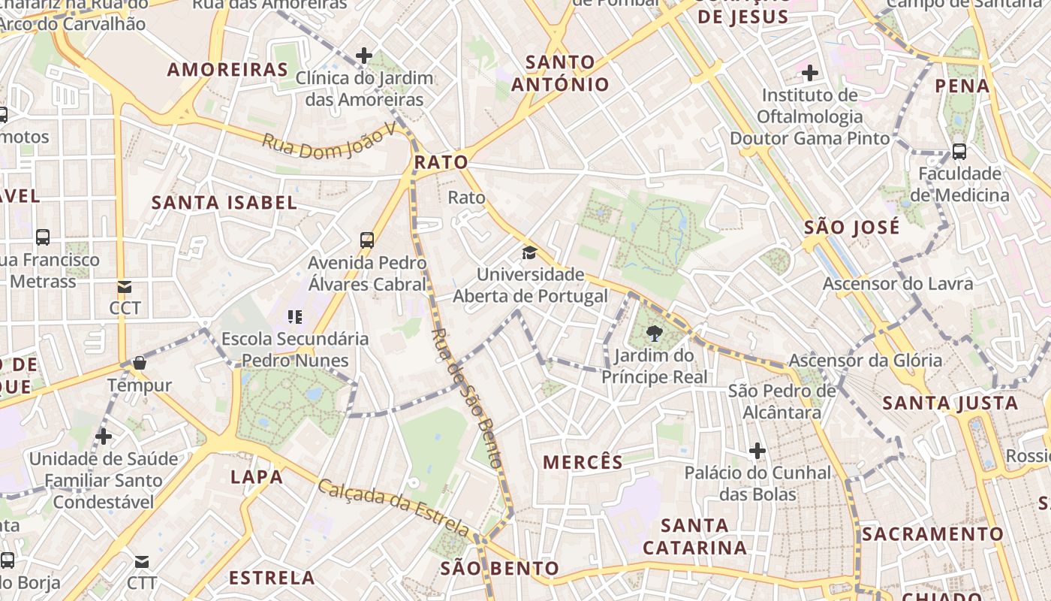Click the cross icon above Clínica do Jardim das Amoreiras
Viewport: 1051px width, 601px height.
(364, 55)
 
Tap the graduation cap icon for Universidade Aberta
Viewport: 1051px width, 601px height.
(530, 252)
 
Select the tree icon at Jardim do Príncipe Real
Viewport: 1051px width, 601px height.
(654, 333)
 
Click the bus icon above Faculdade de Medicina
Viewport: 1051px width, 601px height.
(959, 151)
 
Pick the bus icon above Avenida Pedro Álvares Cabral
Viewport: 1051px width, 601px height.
(366, 240)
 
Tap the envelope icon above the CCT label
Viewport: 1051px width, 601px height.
(125, 286)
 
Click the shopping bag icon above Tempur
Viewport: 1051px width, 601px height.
(139, 364)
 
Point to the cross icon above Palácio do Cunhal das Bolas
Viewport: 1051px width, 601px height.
(757, 451)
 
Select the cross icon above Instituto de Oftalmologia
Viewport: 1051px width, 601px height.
(809, 73)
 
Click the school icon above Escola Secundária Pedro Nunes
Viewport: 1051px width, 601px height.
(295, 317)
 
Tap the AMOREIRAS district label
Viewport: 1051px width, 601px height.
(227, 70)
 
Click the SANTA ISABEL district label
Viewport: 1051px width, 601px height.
(224, 202)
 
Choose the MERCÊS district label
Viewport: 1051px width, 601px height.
(583, 462)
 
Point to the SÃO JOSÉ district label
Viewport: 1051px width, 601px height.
(851, 227)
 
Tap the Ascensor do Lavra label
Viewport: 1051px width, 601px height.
(898, 284)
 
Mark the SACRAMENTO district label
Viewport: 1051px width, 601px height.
(932, 534)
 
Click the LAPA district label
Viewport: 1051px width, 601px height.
(257, 476)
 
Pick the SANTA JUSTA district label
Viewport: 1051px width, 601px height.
(950, 403)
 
